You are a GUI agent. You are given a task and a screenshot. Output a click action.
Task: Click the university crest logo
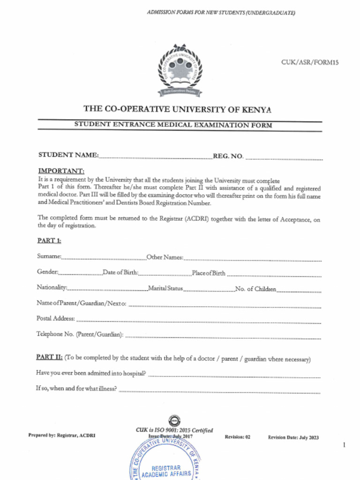[x=180, y=70]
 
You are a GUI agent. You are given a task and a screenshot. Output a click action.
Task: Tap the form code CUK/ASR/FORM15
[x=309, y=62]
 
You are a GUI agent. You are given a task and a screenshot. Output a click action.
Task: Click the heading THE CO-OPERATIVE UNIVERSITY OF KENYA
[x=177, y=109]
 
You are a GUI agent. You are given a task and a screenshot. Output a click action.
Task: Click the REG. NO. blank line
[x=284, y=158]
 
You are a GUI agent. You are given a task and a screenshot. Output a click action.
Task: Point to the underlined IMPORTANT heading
[x=61, y=171]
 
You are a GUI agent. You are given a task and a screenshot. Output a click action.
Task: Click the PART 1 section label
[x=49, y=241]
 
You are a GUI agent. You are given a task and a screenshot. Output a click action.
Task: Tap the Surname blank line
[x=104, y=258]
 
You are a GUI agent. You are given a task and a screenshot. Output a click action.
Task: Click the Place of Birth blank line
[x=274, y=275]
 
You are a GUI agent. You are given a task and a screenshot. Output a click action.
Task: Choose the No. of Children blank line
[x=299, y=291]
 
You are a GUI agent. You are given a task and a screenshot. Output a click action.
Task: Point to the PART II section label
[x=49, y=357]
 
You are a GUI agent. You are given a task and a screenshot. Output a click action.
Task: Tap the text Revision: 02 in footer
[x=237, y=437]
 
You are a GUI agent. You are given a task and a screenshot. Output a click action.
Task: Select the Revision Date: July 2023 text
[x=293, y=437]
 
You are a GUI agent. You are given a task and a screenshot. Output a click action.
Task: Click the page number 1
[x=344, y=445]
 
